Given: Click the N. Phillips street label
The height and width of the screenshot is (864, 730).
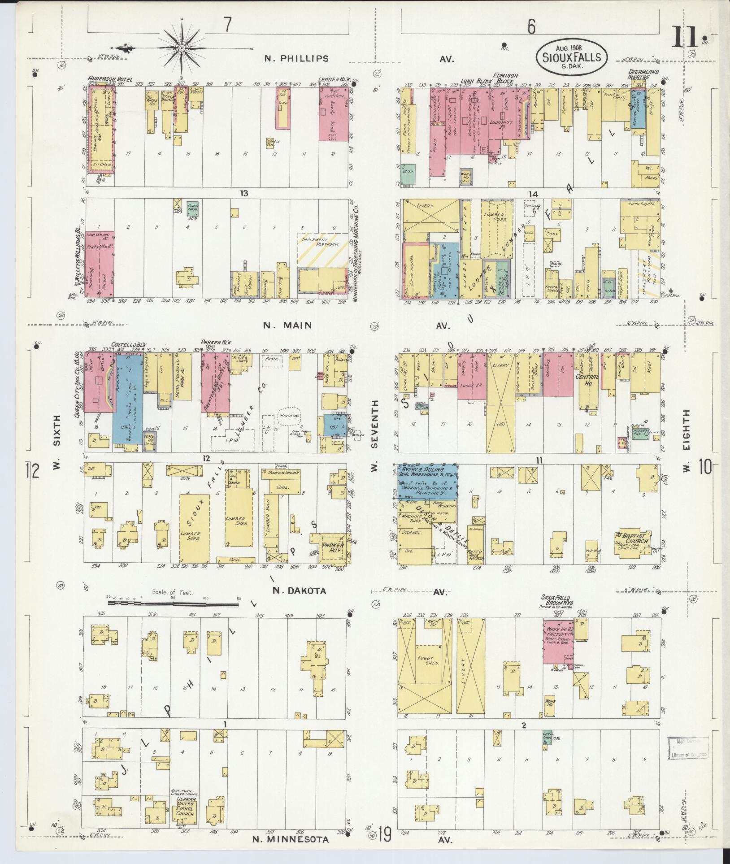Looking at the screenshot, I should [296, 58].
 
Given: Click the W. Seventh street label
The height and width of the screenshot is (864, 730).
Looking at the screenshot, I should [375, 431].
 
